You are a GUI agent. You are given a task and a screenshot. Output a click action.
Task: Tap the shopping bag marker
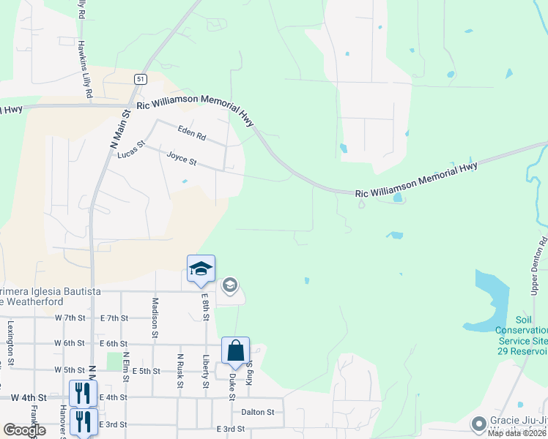[x=236, y=351]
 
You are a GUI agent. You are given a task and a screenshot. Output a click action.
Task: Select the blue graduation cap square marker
[x=201, y=269]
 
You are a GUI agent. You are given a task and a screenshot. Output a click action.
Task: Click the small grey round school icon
[x=230, y=285]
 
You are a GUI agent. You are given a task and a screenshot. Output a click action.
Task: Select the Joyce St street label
[x=182, y=157]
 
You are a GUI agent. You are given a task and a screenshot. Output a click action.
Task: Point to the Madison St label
[x=155, y=317]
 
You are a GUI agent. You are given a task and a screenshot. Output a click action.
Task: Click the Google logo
[x=23, y=430]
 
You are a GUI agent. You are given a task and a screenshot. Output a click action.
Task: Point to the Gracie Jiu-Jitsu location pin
[x=479, y=424]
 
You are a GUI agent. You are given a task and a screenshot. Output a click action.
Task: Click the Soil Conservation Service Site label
[x=522, y=330]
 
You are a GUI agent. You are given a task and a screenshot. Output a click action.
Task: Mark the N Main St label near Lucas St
[x=119, y=130]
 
